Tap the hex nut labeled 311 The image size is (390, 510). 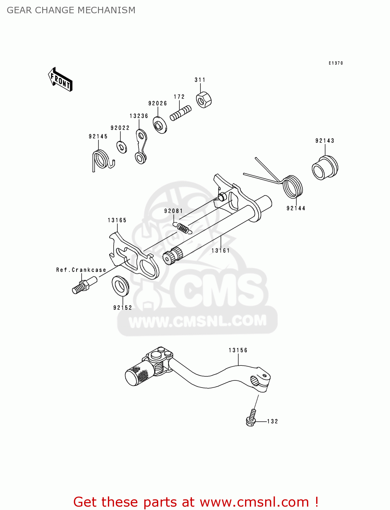[x=204, y=100]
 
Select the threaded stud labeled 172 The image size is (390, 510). [x=180, y=113]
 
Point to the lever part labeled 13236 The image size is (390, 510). [x=141, y=146]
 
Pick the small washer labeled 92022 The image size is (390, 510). [x=121, y=147]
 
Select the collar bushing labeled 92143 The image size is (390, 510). [x=325, y=168]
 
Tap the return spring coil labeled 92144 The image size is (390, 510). [x=293, y=187]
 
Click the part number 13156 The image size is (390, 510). [x=238, y=350]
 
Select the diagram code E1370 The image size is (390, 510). [x=336, y=63]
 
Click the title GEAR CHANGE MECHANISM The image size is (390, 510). [x=71, y=10]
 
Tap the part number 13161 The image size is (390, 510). [x=220, y=251]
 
